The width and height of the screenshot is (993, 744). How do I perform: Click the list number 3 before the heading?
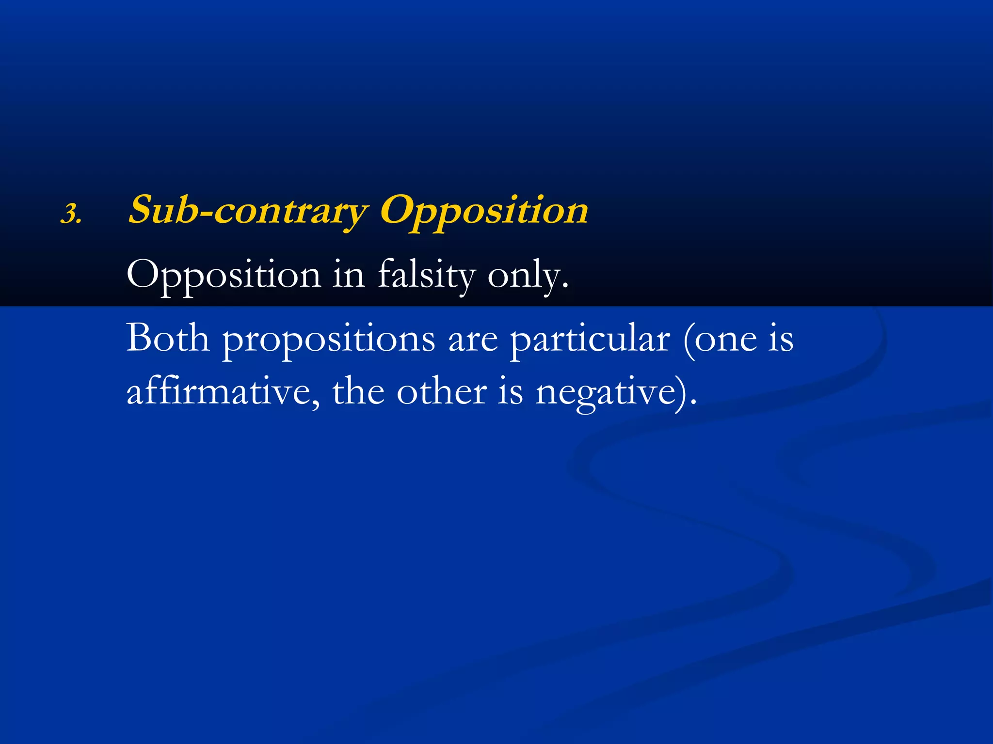[71, 214]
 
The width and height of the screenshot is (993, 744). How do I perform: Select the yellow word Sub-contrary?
[247, 210]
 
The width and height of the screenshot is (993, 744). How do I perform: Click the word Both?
[168, 338]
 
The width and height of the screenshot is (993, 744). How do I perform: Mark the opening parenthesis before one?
[688, 339]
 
